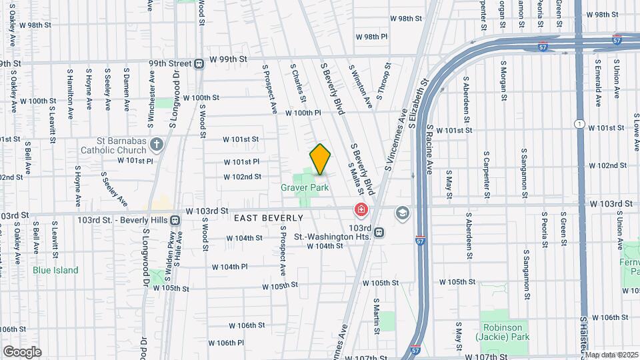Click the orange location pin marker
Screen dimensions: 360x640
(x=321, y=159)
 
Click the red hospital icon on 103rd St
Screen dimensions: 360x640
(x=361, y=211)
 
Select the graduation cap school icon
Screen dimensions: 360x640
(x=403, y=213)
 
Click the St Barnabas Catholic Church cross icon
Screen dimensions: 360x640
(x=157, y=144)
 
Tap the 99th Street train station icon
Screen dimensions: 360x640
(x=199, y=63)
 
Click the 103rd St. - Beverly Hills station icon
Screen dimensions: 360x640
(x=175, y=219)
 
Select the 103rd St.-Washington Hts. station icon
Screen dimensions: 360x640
(x=379, y=232)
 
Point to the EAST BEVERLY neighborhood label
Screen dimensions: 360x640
(x=268, y=218)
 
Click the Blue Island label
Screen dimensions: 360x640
(x=55, y=270)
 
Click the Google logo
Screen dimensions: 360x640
(x=23, y=352)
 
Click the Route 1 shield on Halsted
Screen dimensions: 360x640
(x=580, y=124)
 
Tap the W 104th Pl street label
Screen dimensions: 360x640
(x=230, y=267)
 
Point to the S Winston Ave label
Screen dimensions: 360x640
(x=360, y=87)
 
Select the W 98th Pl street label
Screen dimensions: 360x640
(x=371, y=37)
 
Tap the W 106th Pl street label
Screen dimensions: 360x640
(x=226, y=343)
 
